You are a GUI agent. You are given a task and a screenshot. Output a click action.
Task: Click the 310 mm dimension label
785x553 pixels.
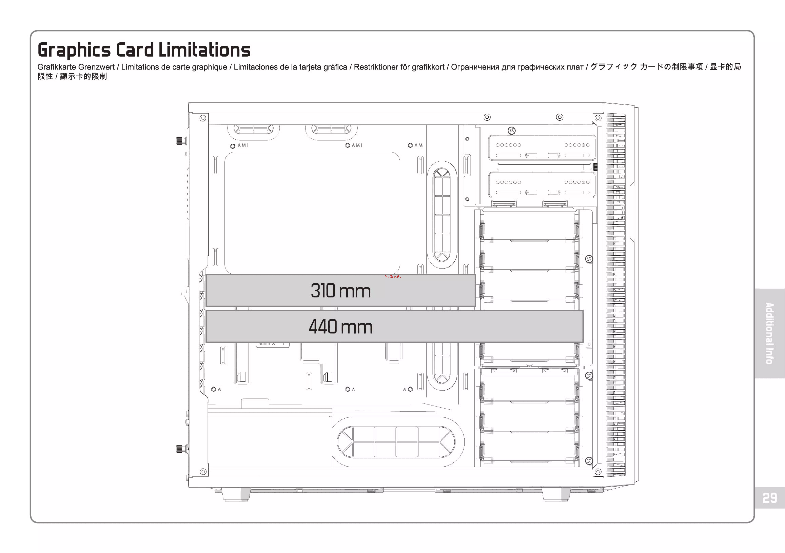[x=341, y=291]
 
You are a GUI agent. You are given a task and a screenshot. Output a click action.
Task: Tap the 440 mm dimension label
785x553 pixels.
[x=341, y=327]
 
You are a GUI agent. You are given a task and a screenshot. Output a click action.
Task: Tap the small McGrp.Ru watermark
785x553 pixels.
[x=393, y=276]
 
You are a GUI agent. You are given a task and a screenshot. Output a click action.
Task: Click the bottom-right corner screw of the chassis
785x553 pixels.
[x=598, y=472]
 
